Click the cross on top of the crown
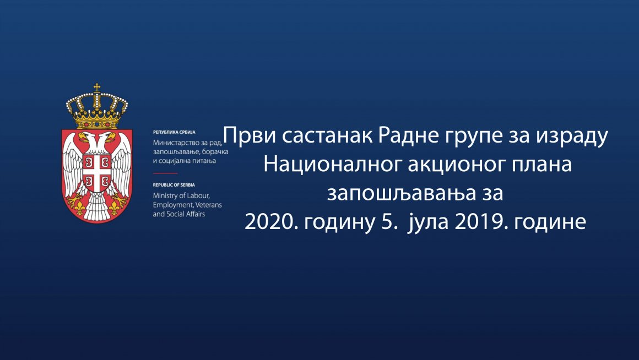(x=97, y=87)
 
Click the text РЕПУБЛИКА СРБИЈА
(x=174, y=133)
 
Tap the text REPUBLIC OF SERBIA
(x=174, y=185)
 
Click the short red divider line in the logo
(x=165, y=173)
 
